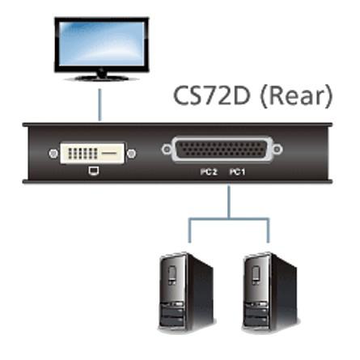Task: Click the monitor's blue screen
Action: click(x=102, y=44)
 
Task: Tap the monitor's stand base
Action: click(x=102, y=78)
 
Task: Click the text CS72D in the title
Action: click(x=212, y=96)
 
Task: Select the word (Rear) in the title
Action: click(x=296, y=96)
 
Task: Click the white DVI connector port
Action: click(x=92, y=154)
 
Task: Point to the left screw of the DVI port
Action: click(x=53, y=154)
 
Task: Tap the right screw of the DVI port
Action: click(x=131, y=154)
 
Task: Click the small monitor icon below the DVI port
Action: click(x=93, y=172)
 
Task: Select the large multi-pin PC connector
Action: click(x=222, y=150)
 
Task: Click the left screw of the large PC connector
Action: click(x=167, y=149)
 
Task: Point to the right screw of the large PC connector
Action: click(x=277, y=149)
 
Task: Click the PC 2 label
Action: click(x=209, y=172)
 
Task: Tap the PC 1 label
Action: click(x=237, y=172)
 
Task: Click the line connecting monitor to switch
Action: click(x=100, y=104)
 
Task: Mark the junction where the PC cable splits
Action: click(x=229, y=218)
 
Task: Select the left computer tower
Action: click(x=186, y=292)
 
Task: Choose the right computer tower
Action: click(x=270, y=292)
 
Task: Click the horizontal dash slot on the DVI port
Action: click(x=109, y=153)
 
